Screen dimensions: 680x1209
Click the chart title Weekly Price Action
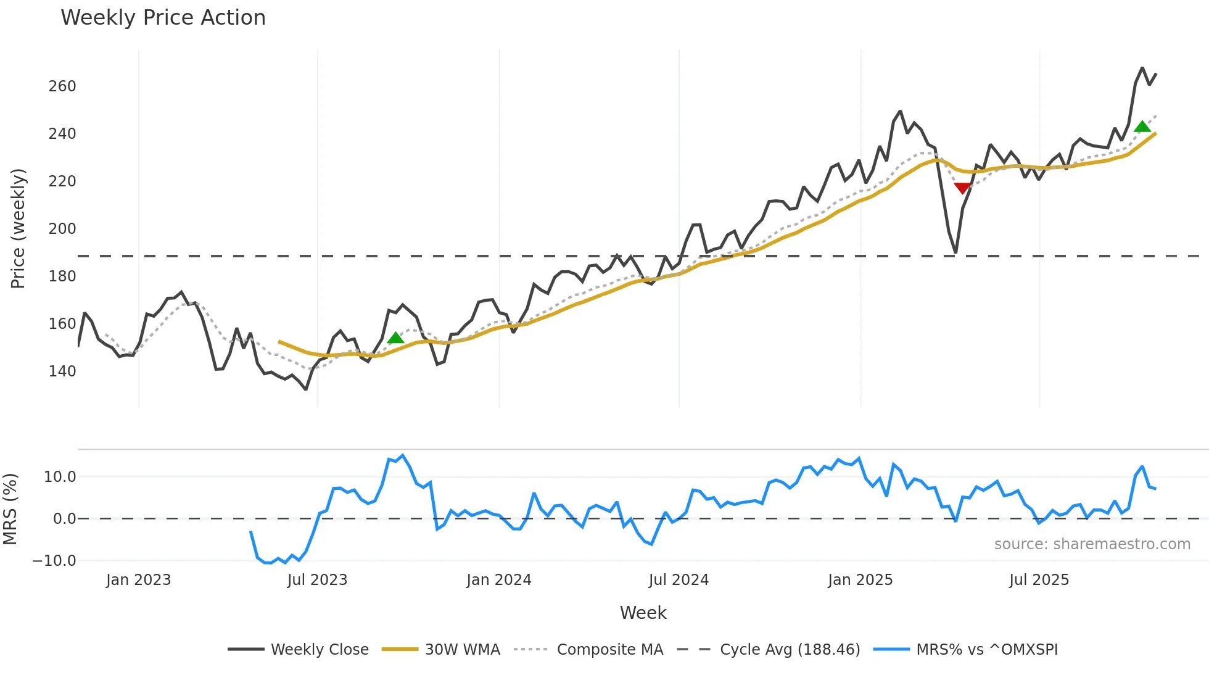pos(163,18)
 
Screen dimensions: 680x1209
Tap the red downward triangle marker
pos(962,188)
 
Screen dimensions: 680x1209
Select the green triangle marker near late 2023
pos(395,338)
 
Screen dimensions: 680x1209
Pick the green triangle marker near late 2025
pos(1142,126)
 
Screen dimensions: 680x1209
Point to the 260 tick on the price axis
pos(62,86)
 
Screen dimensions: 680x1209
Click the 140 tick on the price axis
pos(62,371)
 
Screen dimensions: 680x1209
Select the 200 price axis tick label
pos(62,229)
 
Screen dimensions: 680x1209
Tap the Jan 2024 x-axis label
pos(498,580)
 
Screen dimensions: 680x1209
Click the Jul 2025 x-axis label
pos(1039,580)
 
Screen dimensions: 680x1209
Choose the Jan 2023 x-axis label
pos(138,580)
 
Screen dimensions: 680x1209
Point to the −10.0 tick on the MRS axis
pos(54,561)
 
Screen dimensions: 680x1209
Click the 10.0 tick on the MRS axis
pos(60,477)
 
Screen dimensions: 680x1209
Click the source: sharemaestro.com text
pos(1092,544)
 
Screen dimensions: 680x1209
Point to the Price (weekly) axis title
pos(18,228)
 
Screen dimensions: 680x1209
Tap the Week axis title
pos(643,613)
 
